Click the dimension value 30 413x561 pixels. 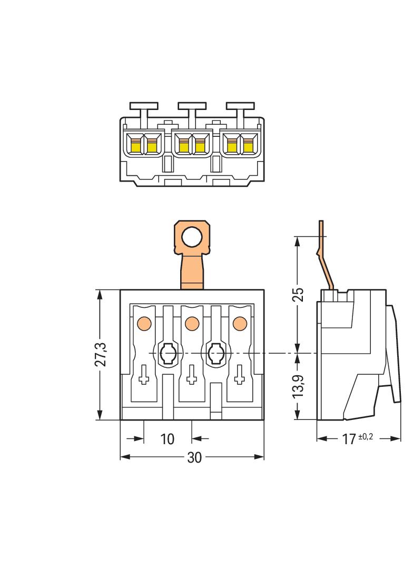click(x=194, y=457)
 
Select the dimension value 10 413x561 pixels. click(x=167, y=438)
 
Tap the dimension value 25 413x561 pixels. click(x=298, y=294)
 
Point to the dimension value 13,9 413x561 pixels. click(x=298, y=386)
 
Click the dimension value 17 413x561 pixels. click(x=348, y=439)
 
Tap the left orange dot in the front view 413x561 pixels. click(x=143, y=322)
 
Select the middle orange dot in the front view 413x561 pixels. click(x=192, y=322)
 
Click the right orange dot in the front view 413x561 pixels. click(x=240, y=322)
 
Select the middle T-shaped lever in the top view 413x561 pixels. click(x=192, y=111)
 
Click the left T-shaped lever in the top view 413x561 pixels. click(x=144, y=111)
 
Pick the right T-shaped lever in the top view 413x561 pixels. click(x=240, y=111)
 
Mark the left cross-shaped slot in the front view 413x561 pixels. click(x=143, y=375)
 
